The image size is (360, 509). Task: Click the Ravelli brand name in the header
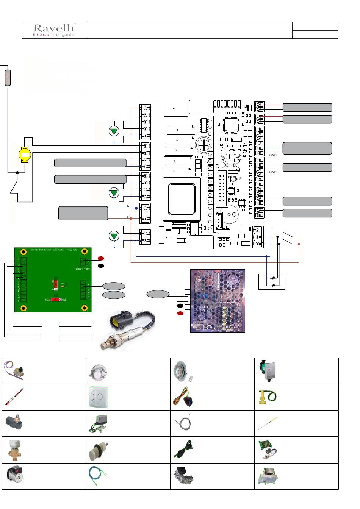pos(54,28)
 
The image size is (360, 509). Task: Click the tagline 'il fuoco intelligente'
pos(54,35)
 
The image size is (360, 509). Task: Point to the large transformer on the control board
pos(182,199)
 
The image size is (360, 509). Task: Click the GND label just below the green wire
pos(273,155)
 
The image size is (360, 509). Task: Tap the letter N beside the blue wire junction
pos(128,206)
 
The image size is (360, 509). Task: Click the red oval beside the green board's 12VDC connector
pos(101,258)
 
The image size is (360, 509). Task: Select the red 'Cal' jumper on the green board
pos(56,299)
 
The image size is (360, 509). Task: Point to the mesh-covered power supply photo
pos(218,301)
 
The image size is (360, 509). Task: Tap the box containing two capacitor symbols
pos(272,281)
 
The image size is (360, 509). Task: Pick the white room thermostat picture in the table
pos(98,397)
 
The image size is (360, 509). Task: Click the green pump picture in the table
pos(267,370)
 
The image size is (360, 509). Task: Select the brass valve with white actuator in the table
pos(15,450)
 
